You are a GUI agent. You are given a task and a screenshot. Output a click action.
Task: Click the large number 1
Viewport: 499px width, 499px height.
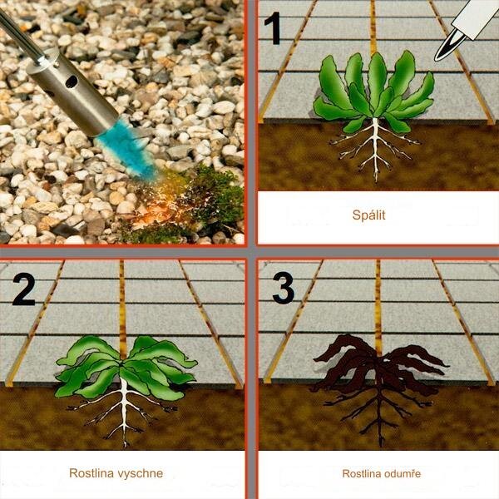click(x=273, y=28)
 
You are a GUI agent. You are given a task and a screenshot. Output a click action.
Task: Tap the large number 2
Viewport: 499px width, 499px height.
click(x=24, y=289)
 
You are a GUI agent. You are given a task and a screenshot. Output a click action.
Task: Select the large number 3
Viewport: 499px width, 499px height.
click(x=284, y=288)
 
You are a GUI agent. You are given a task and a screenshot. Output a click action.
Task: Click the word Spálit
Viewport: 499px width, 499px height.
click(x=368, y=215)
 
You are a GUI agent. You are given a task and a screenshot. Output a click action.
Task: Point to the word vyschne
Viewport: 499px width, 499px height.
click(x=140, y=473)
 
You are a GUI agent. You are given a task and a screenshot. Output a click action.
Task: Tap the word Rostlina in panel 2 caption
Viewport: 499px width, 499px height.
click(x=91, y=473)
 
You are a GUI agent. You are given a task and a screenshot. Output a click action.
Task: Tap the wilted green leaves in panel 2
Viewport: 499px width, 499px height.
click(x=126, y=366)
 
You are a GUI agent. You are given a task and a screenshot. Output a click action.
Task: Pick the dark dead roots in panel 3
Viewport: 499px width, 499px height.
click(x=378, y=413)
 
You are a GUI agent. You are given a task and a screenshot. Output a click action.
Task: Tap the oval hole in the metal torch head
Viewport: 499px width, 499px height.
click(x=72, y=82)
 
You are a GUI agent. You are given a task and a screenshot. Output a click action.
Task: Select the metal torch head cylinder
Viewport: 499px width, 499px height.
click(x=73, y=92)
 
